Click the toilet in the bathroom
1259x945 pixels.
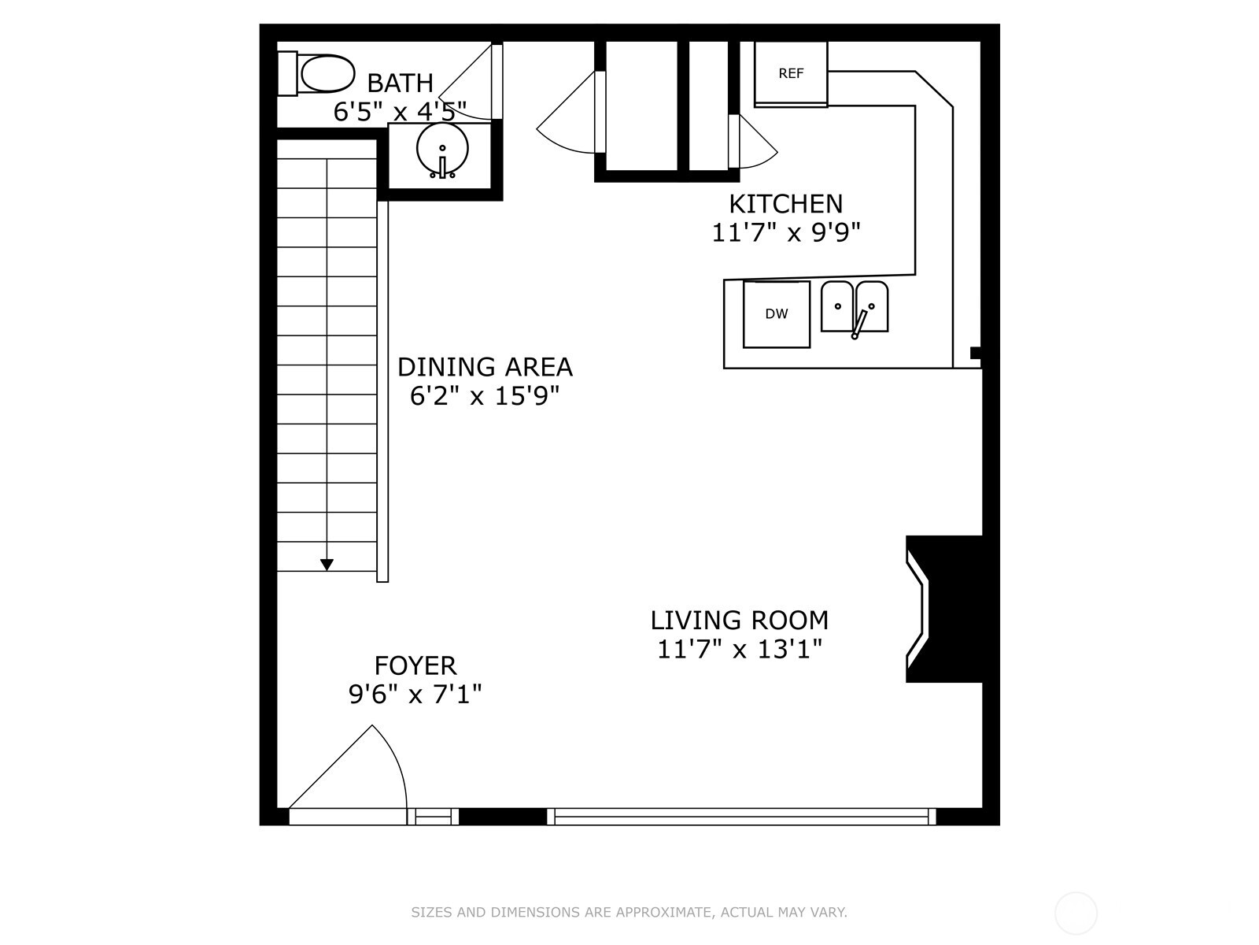tap(316, 73)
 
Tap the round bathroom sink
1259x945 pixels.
tap(441, 150)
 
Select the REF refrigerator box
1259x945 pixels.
tap(790, 73)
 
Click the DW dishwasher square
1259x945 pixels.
tap(777, 314)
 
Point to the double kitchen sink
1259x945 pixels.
tap(855, 308)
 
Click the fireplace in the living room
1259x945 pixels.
tap(943, 609)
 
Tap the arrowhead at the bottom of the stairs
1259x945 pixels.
tap(327, 565)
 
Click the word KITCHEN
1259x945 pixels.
tap(786, 204)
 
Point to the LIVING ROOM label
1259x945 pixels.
tap(740, 621)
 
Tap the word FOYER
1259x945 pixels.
tap(415, 665)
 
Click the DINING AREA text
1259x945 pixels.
tap(485, 367)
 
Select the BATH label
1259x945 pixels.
tap(400, 83)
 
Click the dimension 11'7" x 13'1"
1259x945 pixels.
tap(740, 650)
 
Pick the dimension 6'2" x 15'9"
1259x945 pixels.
tap(485, 396)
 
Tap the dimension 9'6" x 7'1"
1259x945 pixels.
tap(415, 695)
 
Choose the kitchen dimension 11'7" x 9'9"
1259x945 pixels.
tap(786, 233)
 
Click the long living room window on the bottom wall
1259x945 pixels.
tap(741, 817)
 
